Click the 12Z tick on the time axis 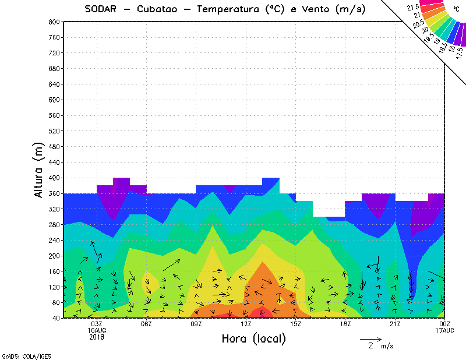246,324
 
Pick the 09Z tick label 196,324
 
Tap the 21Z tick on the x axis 395,324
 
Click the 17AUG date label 445,330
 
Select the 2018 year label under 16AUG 97,337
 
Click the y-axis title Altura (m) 39,170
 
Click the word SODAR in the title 101,9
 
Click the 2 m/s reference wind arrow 370,338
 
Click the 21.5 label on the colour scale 412,7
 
